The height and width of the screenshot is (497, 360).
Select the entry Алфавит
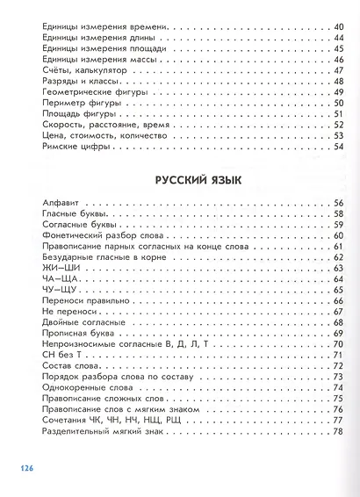(x=59, y=204)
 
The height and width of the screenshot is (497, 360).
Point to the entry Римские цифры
(x=73, y=146)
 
